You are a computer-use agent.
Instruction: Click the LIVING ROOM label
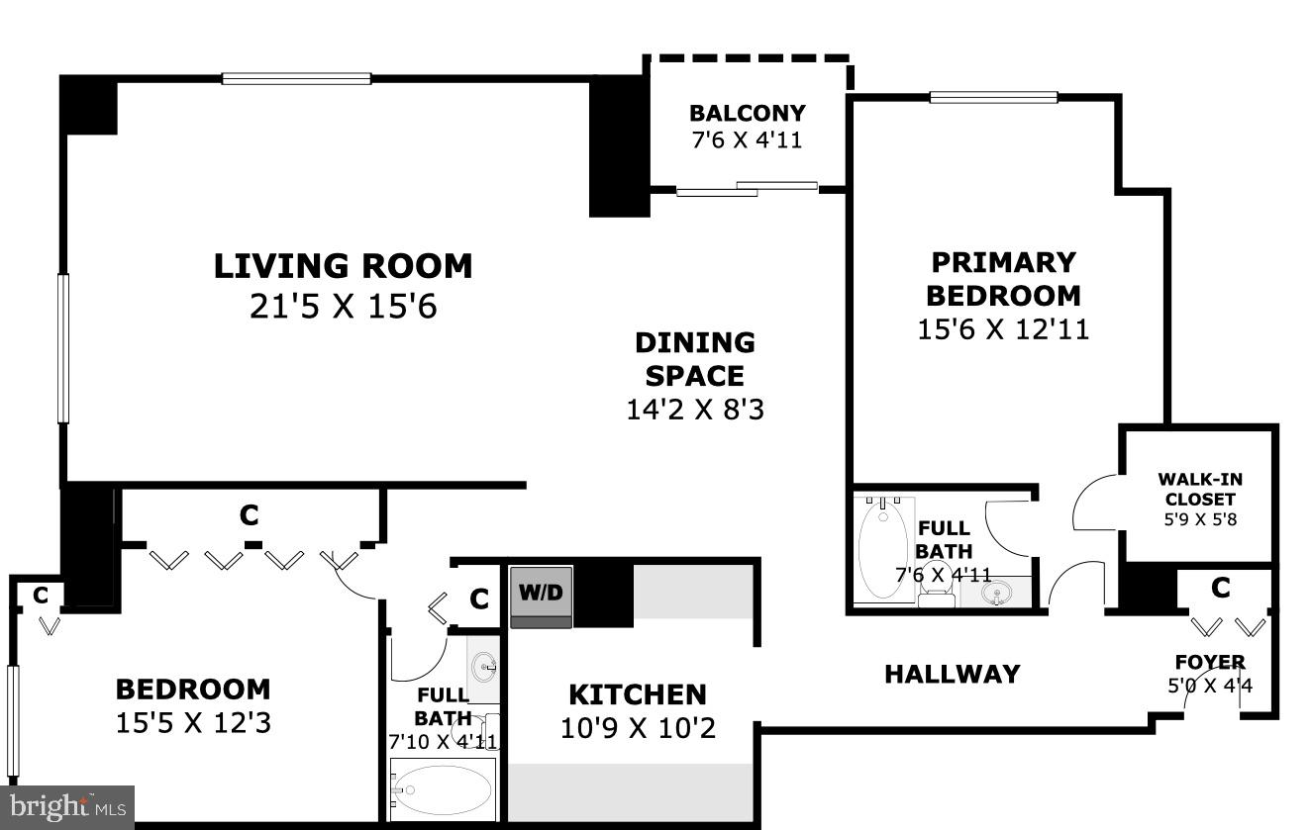tap(343, 266)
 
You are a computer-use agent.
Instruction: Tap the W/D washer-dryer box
tap(541, 594)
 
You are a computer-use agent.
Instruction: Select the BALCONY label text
tap(747, 113)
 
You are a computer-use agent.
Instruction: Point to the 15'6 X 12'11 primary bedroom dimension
tap(1003, 328)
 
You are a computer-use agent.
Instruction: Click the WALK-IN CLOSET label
tap(1199, 489)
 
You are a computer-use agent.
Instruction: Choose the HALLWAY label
tap(952, 674)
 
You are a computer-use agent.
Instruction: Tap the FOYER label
tap(1209, 662)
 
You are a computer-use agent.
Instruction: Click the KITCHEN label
tap(637, 694)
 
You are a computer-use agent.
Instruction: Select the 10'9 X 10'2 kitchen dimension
tap(637, 729)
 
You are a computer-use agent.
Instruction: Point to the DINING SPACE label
tap(694, 359)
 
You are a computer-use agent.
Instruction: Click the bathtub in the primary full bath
tap(882, 548)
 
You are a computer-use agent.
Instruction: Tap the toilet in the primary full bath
tap(936, 592)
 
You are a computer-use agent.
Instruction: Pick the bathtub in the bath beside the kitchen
tap(441, 788)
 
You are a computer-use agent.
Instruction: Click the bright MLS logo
tap(65, 807)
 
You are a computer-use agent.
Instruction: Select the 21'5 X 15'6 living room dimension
tap(343, 307)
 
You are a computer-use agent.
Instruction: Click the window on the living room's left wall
tap(63, 348)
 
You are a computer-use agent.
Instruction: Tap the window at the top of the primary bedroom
tap(993, 97)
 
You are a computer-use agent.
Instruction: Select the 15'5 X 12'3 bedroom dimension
tap(193, 723)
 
